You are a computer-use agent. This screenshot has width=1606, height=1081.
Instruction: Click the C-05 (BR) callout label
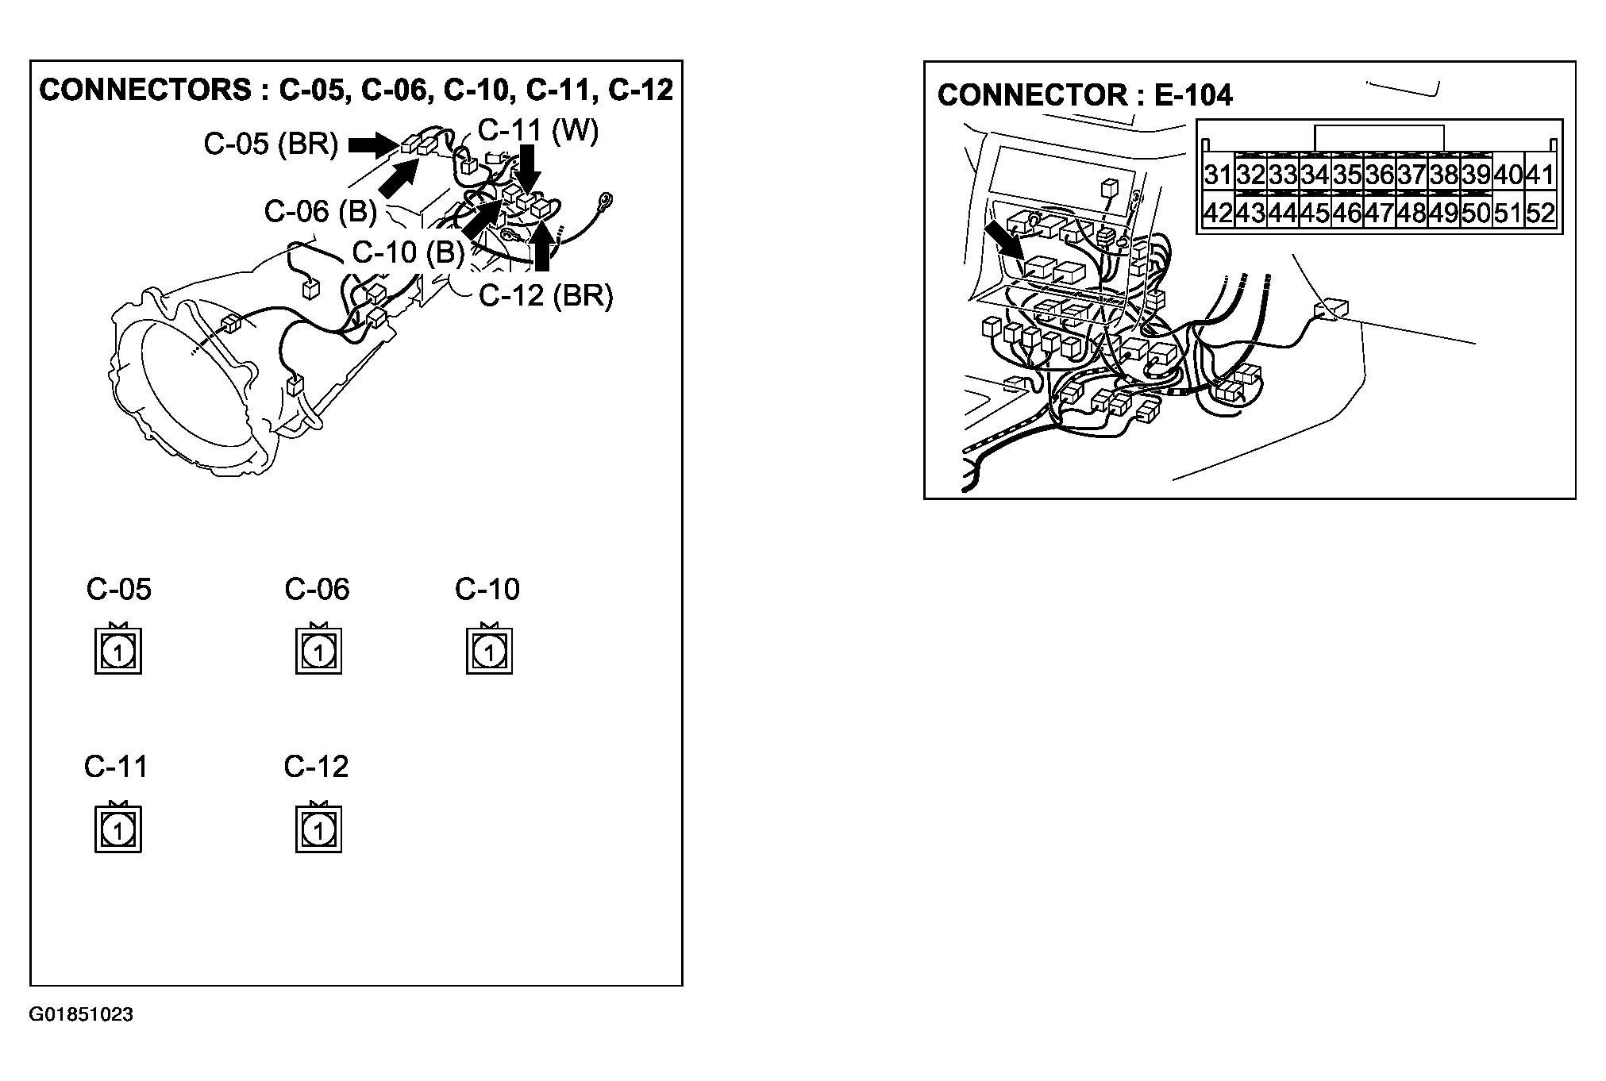coord(271,144)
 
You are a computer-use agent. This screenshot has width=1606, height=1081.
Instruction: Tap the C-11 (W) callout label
coord(538,130)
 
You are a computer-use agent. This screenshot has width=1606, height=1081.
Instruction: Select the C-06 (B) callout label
coord(321,211)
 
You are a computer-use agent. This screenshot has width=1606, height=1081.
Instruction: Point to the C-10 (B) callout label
coord(408,252)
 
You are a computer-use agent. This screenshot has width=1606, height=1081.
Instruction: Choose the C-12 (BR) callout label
coord(546,295)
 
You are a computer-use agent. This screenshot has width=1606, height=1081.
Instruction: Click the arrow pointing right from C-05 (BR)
coord(374,144)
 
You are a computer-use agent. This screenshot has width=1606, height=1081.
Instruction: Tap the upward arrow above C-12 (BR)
coord(541,247)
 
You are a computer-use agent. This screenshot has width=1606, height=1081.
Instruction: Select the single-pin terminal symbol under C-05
coord(118,651)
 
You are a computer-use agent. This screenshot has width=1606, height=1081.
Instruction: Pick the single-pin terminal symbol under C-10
coord(489,651)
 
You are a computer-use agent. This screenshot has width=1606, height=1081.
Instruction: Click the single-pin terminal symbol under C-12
coord(318,829)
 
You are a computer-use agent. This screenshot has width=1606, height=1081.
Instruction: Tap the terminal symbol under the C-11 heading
coord(118,829)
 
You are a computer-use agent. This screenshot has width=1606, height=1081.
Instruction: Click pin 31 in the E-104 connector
coord(1218,174)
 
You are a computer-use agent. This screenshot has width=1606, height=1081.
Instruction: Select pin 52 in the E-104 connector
coord(1540,213)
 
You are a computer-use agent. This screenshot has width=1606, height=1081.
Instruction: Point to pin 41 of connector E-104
coord(1540,174)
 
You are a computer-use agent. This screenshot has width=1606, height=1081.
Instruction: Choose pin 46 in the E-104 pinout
coord(1347,213)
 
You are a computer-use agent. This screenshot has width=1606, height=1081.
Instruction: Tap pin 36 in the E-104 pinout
coord(1380,174)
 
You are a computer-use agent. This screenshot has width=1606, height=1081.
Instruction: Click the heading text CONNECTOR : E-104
coord(1085,95)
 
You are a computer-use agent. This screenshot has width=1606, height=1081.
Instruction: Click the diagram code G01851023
coord(81,1014)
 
